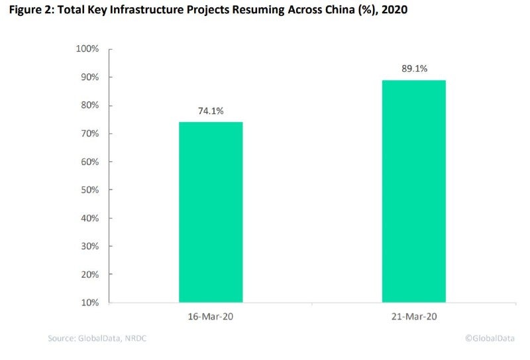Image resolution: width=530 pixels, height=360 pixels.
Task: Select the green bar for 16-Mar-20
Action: pyautogui.click(x=211, y=212)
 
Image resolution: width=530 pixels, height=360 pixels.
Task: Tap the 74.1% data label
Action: pyautogui.click(x=211, y=111)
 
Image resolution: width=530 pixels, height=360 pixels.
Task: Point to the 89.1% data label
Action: pyautogui.click(x=413, y=69)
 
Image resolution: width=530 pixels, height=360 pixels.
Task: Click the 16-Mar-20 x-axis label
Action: pyautogui.click(x=211, y=317)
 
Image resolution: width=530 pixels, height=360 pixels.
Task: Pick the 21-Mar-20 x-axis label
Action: pyautogui.click(x=413, y=317)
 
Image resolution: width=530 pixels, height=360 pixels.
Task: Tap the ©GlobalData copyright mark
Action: pyautogui.click(x=490, y=339)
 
